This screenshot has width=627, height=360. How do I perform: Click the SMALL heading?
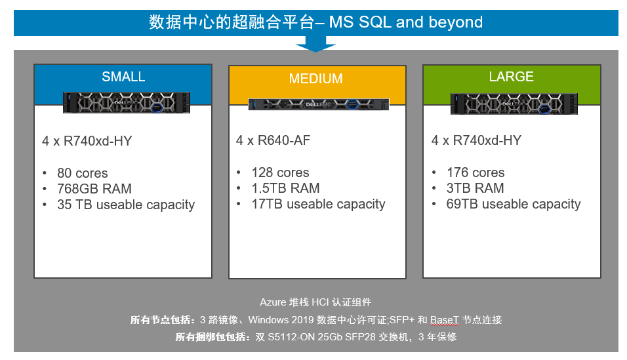123,77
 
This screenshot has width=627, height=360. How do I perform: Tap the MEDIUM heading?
315,79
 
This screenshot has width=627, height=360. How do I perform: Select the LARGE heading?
511,77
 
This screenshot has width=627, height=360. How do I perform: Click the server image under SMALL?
127,102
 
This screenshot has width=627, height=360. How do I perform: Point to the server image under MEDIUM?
318,104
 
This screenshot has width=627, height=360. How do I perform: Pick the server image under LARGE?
514,104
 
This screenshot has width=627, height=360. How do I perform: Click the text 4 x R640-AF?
273,140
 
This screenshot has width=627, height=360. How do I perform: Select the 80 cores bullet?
83,173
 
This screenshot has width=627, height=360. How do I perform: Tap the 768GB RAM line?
94,189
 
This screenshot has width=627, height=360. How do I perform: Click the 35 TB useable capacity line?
126,205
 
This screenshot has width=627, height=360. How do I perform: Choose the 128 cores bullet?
280,172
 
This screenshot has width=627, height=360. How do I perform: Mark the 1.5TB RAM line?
285,188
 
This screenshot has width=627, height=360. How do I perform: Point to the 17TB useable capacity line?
318,204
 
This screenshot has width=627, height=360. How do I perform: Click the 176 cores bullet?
475,172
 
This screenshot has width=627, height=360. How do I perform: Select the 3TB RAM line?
475,188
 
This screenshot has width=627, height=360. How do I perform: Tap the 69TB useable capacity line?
514,204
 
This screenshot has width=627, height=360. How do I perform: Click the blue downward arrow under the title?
315,43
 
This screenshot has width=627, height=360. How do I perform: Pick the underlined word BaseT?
445,320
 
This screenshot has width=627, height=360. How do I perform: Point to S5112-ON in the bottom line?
291,337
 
